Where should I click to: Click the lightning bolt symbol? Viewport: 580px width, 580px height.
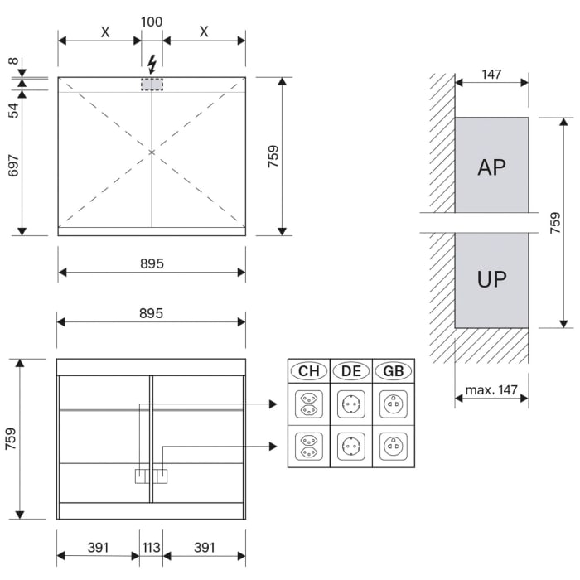tap(152, 63)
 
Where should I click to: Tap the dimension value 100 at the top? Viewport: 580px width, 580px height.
tap(152, 22)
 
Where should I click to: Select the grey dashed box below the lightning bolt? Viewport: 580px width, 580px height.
tap(152, 85)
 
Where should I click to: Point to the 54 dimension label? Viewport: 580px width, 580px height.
tap(14, 109)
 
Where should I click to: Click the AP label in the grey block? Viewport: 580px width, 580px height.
tap(491, 167)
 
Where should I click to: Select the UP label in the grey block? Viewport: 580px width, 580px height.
tap(491, 279)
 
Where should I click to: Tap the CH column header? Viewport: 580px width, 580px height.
tap(308, 371)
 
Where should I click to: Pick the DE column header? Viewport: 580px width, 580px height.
tap(351, 371)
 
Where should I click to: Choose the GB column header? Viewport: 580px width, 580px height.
tap(394, 371)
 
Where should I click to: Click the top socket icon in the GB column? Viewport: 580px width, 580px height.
tap(394, 405)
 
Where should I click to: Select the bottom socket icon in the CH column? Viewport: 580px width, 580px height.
tap(308, 447)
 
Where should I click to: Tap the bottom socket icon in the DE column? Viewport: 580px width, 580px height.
tap(351, 447)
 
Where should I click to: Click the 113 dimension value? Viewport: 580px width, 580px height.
tap(152, 548)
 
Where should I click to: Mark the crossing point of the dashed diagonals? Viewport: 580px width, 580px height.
tap(152, 152)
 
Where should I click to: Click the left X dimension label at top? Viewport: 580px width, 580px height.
tap(105, 32)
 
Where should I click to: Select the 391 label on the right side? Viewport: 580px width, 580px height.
tap(204, 548)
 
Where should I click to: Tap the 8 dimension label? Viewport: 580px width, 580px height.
tap(14, 61)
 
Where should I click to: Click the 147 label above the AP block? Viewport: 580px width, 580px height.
tap(491, 75)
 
